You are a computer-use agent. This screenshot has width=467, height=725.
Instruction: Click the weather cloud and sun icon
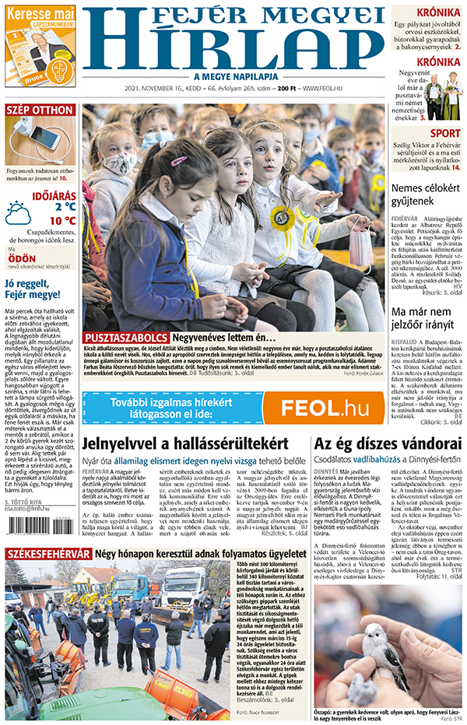tap(18, 212)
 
